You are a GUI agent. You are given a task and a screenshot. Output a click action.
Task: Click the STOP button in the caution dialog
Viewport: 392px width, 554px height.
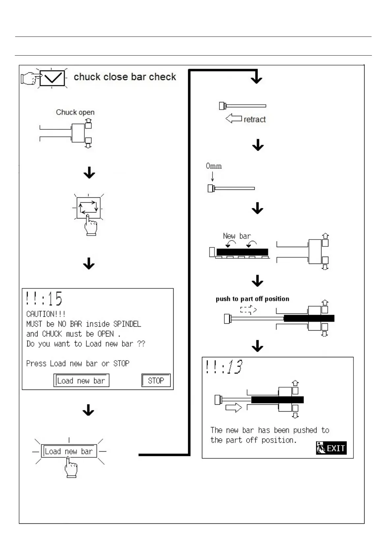point(156,381)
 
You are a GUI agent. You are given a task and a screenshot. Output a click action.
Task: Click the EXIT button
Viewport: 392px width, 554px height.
point(331,448)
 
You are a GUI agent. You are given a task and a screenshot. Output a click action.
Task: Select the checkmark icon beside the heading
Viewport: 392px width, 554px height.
point(52,78)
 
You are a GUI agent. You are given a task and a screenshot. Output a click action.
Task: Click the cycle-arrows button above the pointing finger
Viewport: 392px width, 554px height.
point(88,207)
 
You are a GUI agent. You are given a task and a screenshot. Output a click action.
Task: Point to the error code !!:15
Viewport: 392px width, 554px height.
point(44,299)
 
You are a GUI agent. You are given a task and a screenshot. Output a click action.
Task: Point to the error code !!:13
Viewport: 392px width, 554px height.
point(224,367)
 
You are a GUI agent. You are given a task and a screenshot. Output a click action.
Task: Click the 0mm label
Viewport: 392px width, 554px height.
point(213,166)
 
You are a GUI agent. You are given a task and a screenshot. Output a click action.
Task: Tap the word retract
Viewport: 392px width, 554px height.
point(254,119)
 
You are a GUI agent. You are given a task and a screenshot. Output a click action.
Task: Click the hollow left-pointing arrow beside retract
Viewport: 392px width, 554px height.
point(234,118)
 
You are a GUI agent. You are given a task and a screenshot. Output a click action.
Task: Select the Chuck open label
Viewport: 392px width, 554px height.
point(75,112)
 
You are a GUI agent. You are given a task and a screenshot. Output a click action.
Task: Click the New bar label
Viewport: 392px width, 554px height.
point(237,236)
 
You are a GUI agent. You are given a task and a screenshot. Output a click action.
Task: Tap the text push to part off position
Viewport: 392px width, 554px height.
point(252,299)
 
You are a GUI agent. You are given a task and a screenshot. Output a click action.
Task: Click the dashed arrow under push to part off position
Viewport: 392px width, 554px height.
point(248,309)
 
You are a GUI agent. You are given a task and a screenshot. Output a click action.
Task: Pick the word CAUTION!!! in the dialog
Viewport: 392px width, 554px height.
point(46,314)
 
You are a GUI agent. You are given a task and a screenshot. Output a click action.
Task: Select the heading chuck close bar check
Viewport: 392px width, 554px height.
point(125,77)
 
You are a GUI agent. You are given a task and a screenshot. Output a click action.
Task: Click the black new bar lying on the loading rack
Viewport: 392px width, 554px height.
point(242,252)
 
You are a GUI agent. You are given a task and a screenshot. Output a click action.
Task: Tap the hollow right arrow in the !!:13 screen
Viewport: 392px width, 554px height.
point(234,408)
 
